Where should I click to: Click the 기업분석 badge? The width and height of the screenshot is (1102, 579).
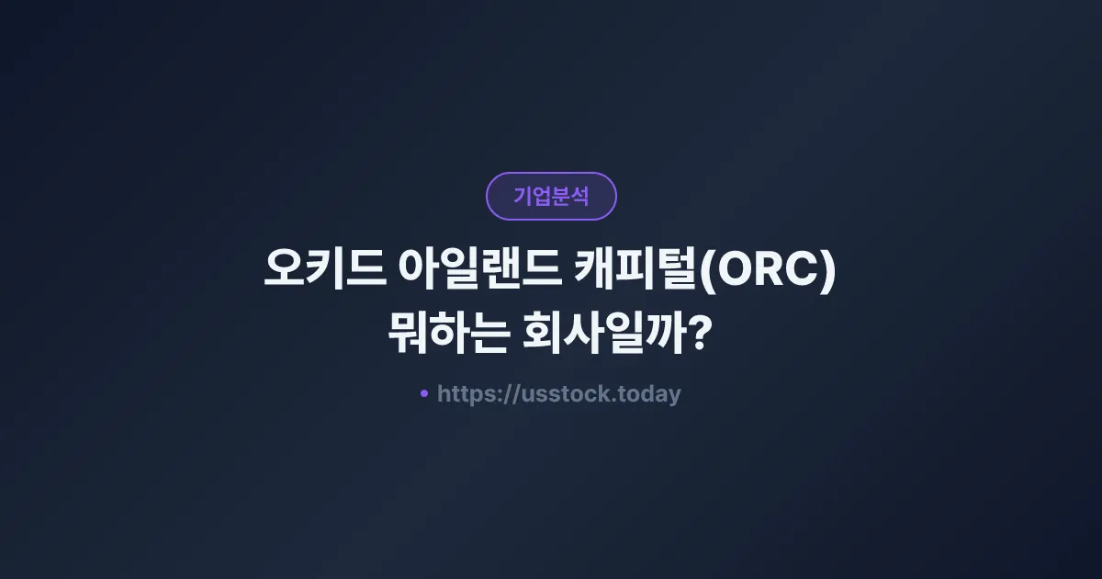551,197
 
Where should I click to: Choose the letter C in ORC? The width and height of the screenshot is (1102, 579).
803,273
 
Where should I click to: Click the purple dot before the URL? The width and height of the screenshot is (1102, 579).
424,393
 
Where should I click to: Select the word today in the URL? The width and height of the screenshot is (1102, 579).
648,394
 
